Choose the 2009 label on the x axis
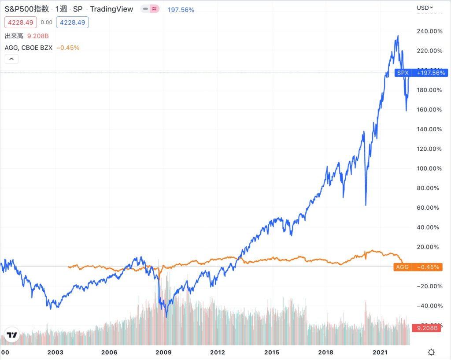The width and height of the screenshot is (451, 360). pos(163,352)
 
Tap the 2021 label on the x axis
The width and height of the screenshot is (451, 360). pos(380,352)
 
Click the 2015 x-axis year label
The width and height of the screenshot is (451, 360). pos(272,352)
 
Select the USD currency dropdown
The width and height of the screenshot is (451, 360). pos(425,7)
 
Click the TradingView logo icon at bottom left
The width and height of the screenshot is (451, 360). pos(11,335)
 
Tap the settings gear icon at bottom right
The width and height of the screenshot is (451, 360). pos(431,352)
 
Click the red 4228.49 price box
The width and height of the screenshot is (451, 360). pos(20,22)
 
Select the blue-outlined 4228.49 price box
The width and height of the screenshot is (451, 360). pos(72,22)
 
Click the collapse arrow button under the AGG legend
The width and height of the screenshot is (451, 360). pos(11,59)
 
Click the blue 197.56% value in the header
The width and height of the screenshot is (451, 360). pos(181,9)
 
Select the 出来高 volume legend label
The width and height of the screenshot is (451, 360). pos(14,35)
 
